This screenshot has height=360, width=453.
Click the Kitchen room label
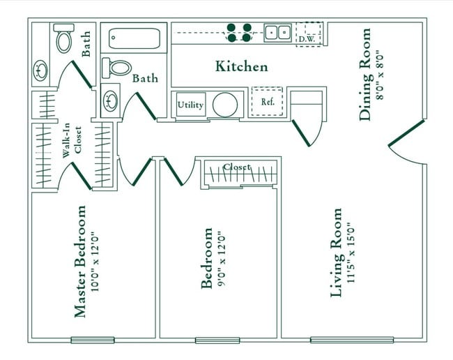tap(241, 67)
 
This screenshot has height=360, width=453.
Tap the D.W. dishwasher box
tap(307, 33)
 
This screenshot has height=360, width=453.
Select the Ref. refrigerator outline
tap(267, 101)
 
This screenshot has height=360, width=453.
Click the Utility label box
tap(190, 105)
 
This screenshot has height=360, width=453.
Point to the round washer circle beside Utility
tap(225, 104)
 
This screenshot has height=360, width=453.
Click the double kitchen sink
tap(277, 32)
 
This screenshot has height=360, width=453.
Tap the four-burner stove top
tap(238, 33)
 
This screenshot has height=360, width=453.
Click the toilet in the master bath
tap(64, 40)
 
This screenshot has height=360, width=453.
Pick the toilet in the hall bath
tap(117, 68)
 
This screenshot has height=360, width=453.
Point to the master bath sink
tap(38, 70)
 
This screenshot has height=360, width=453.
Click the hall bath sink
tap(111, 100)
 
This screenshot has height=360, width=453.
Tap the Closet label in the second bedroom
tap(237, 167)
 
